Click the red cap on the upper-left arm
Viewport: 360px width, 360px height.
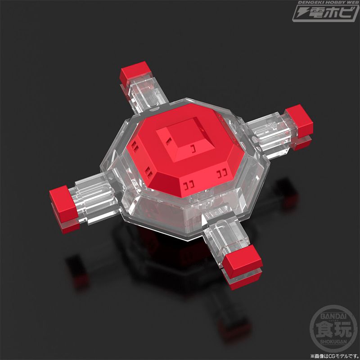click(135, 73)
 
